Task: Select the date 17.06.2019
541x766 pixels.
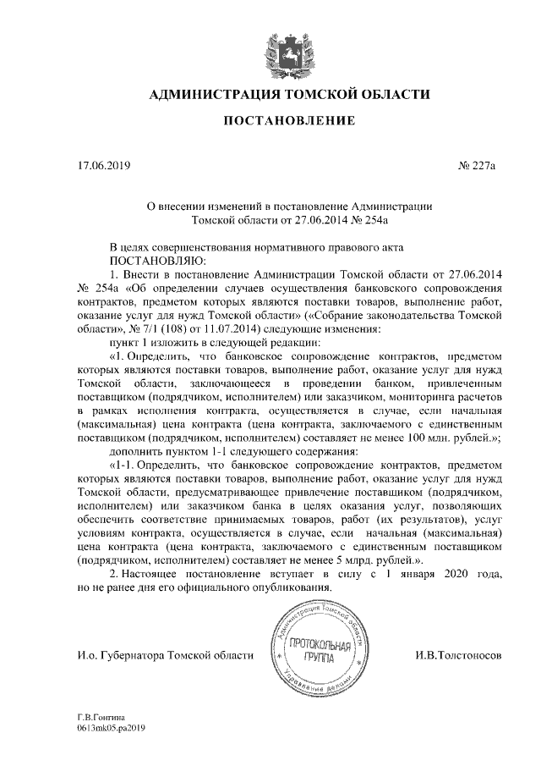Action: pyautogui.click(x=101, y=165)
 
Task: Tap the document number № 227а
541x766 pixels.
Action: pyautogui.click(x=477, y=165)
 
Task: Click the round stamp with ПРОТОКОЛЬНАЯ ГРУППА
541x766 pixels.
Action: pyautogui.click(x=312, y=654)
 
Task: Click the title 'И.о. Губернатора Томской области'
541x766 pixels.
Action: pyautogui.click(x=164, y=656)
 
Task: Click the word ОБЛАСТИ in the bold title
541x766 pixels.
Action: pyautogui.click(x=392, y=93)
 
